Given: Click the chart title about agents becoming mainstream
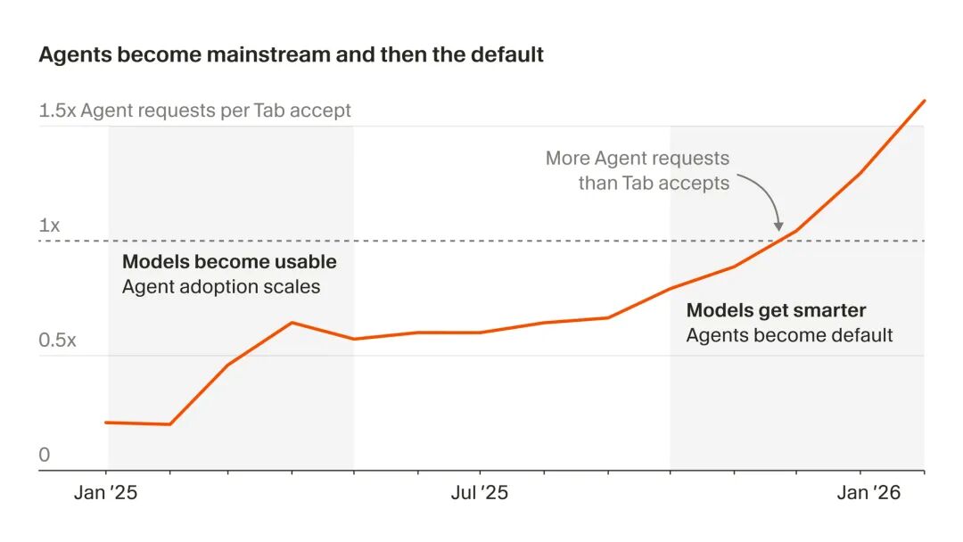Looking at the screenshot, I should (291, 54).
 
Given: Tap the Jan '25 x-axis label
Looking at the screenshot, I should (105, 493).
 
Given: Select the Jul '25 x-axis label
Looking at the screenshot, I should (480, 493).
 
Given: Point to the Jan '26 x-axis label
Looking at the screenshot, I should (861, 493).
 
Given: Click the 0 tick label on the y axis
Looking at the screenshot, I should (45, 456).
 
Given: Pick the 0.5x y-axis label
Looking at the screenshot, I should (58, 341).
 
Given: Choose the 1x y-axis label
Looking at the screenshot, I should (49, 226).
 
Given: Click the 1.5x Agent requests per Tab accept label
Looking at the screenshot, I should (194, 111).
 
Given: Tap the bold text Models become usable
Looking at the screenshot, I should (229, 262).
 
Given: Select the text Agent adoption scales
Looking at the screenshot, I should (221, 287).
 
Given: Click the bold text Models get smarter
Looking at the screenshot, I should (776, 310).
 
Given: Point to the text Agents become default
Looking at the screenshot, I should (789, 335).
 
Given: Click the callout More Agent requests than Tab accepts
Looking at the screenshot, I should (638, 170).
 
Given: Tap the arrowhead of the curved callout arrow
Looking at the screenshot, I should (778, 227).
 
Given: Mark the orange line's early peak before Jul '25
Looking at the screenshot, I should (292, 323).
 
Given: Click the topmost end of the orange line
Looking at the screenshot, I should (925, 101).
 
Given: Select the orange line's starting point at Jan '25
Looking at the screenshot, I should (107, 422).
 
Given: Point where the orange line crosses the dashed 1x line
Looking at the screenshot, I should (781, 241).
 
